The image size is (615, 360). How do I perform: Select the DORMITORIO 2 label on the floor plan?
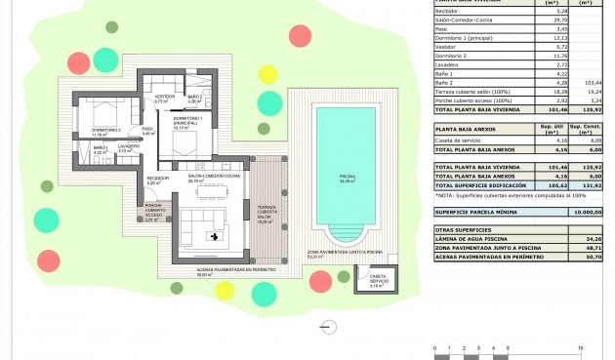pyautogui.click(x=105, y=132)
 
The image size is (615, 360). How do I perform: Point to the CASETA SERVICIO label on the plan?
pyautogui.click(x=377, y=281)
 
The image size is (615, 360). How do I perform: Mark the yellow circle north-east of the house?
pyautogui.click(x=266, y=72)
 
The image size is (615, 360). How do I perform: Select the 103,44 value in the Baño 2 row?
pyautogui.click(x=589, y=85)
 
